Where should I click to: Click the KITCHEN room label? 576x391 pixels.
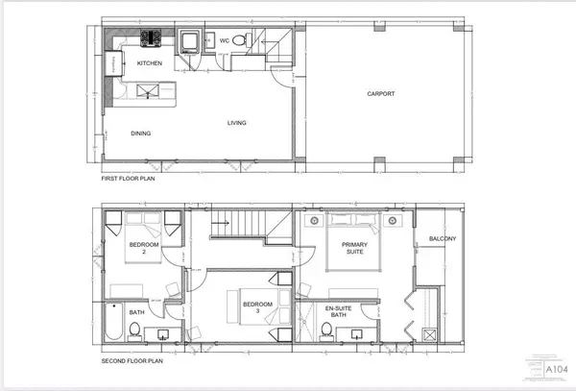(x=149, y=63)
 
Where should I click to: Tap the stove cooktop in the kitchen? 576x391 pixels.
(x=151, y=39)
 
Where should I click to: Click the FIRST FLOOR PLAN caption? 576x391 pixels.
(x=130, y=179)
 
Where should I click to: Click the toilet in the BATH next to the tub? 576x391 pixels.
(x=136, y=331)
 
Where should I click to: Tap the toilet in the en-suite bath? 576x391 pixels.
(x=326, y=331)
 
